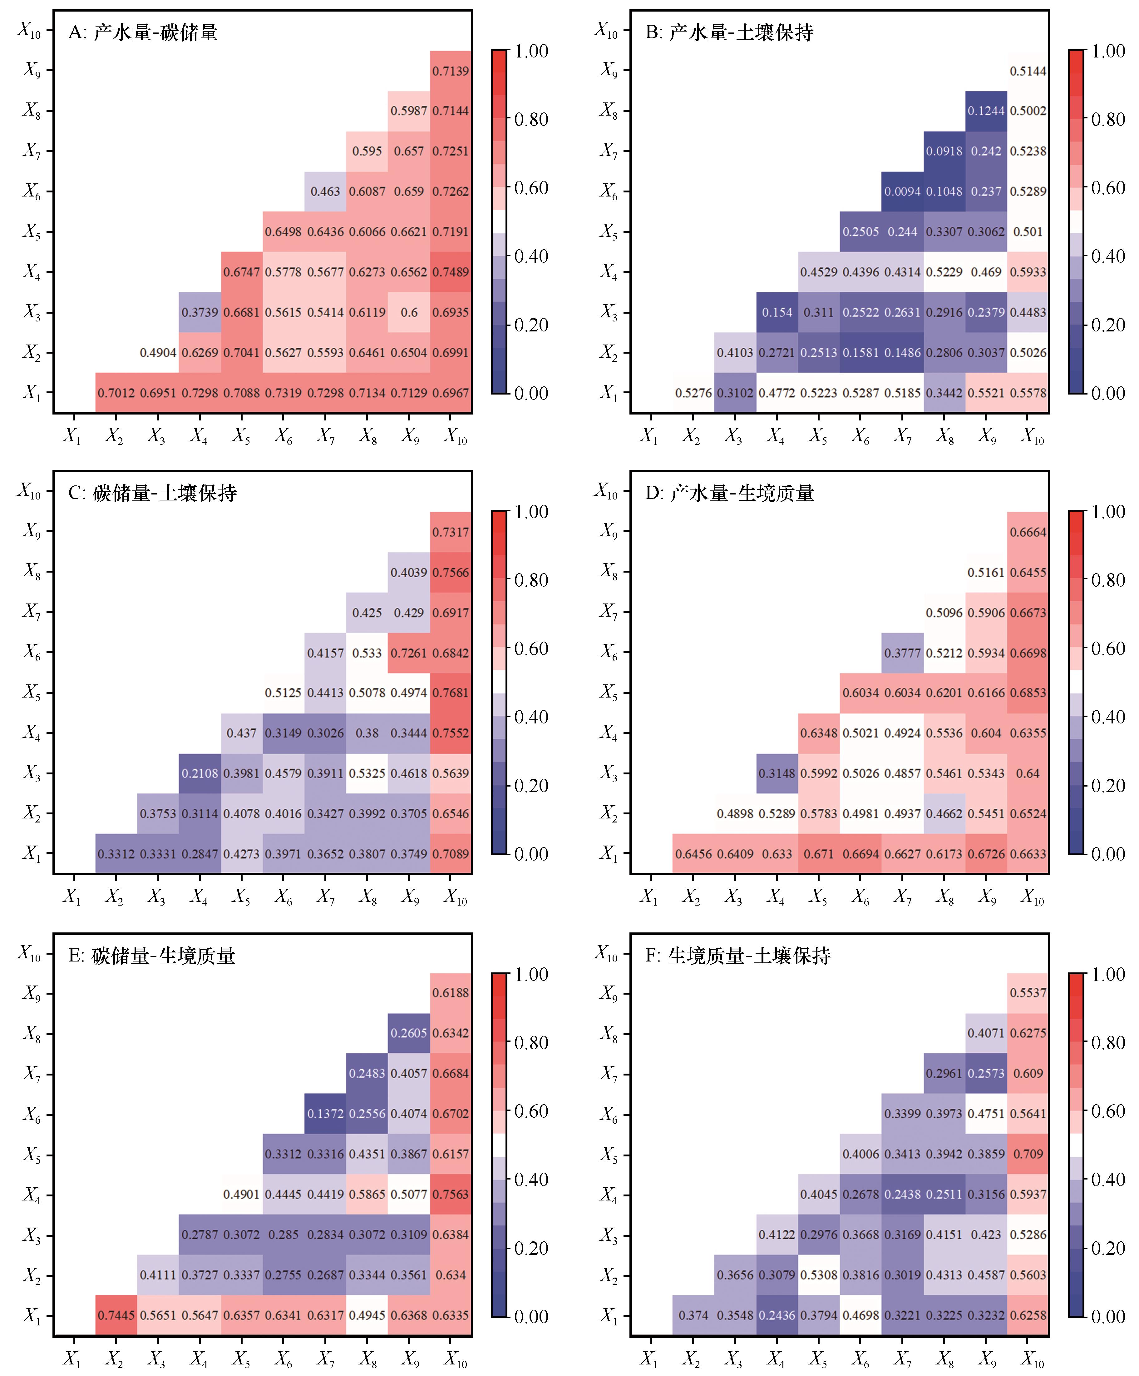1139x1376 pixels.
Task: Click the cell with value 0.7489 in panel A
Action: [451, 272]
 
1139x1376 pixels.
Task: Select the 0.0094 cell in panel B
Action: [902, 191]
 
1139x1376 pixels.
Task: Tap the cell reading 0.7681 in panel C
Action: [451, 693]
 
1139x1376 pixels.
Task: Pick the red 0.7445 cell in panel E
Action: [116, 1315]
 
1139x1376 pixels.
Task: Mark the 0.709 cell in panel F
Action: [1028, 1154]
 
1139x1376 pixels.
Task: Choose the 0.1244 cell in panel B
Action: [986, 111]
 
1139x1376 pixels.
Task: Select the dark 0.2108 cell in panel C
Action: [200, 773]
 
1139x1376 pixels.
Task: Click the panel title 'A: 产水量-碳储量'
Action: [143, 32]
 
